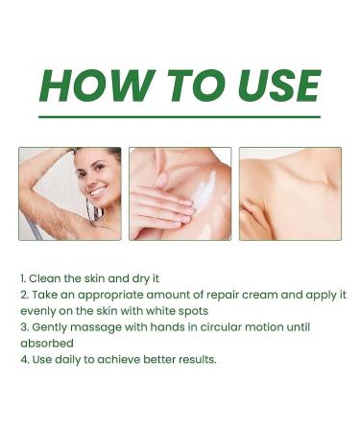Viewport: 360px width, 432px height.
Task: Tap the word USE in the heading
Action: point(270,86)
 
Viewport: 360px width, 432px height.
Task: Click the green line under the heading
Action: point(180,117)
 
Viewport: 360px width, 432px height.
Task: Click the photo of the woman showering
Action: point(69,193)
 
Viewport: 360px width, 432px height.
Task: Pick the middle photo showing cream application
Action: point(180,193)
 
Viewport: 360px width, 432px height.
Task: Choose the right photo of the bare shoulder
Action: point(290,193)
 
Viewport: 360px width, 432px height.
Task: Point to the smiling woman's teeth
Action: point(98,191)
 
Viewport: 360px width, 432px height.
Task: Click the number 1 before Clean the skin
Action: point(22,277)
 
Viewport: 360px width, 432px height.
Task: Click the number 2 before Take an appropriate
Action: point(22,294)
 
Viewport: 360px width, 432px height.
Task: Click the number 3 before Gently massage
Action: point(22,327)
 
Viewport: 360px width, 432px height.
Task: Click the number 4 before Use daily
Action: point(22,360)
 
